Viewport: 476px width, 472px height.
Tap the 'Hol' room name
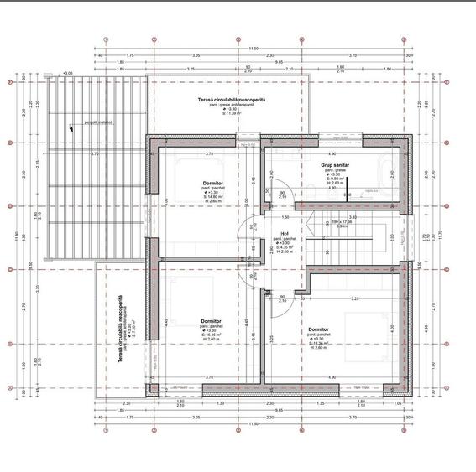[x=285, y=234]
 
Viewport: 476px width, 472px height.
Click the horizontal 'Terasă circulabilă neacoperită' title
[x=232, y=99]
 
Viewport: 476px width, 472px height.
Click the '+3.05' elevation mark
[x=67, y=73]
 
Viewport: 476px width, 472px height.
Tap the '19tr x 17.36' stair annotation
[x=343, y=221]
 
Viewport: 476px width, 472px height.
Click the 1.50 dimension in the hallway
[x=285, y=216]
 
